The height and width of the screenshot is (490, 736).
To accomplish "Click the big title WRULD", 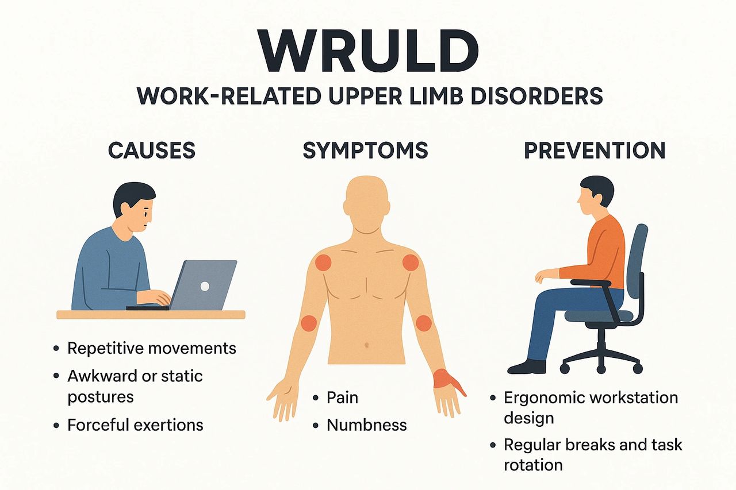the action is click(x=368, y=52).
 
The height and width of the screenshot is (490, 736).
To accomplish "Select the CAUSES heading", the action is click(x=152, y=151).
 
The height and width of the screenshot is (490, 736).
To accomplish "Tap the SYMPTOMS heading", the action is click(x=365, y=151).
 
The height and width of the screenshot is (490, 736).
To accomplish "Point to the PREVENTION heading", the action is click(x=595, y=151).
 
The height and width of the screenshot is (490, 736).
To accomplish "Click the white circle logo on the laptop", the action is click(x=205, y=286).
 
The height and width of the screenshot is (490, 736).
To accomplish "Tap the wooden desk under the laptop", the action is click(x=151, y=314).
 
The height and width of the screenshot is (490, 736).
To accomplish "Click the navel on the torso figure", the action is click(x=367, y=345).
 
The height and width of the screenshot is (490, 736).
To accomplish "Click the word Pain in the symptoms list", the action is click(x=342, y=398).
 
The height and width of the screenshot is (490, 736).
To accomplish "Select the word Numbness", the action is click(x=367, y=425).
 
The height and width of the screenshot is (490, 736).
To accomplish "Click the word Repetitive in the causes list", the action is click(x=106, y=349).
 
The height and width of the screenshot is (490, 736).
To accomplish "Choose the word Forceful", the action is click(x=98, y=425).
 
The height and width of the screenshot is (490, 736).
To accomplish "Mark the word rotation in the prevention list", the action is click(x=533, y=465).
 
